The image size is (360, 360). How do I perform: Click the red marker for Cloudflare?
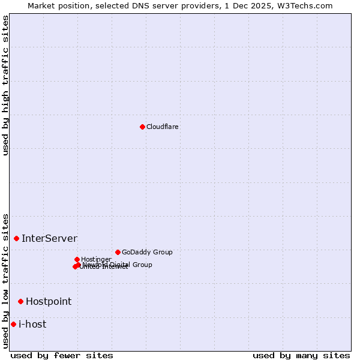click(x=142, y=127)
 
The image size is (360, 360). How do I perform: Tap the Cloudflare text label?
click(x=163, y=127)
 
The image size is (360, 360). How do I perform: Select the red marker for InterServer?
click(x=16, y=238)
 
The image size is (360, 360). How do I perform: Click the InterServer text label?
click(x=49, y=239)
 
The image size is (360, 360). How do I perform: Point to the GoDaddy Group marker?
click(x=118, y=252)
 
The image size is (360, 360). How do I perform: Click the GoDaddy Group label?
click(x=147, y=252)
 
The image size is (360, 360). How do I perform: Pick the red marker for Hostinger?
click(x=77, y=259)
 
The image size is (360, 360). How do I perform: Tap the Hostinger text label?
click(x=96, y=259)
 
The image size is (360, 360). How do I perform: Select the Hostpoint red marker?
click(x=20, y=301)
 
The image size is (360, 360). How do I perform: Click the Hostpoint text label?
click(x=49, y=302)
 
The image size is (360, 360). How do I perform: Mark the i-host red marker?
click(x=13, y=324)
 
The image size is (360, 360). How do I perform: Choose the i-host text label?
click(x=32, y=325)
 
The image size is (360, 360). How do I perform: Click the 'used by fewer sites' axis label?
click(x=62, y=355)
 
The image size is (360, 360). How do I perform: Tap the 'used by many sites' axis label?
click(x=301, y=355)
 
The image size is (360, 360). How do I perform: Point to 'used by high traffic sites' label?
click(x=5, y=85)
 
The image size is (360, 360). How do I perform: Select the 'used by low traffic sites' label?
click(x=5, y=281)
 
